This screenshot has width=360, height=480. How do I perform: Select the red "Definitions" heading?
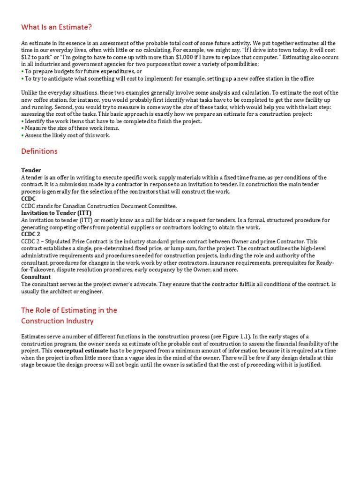pos(39,151)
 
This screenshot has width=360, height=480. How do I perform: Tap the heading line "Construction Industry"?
pos(57,321)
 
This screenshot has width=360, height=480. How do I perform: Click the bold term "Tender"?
pos(31,170)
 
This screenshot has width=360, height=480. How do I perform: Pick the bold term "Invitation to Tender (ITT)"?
pos(56,213)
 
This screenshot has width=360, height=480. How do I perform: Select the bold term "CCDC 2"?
pos(31,234)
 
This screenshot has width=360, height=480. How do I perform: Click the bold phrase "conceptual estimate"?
pos(82,351)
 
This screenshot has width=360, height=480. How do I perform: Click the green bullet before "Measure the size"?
pos(22,128)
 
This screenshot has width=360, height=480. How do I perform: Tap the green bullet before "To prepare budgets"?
pos(22,71)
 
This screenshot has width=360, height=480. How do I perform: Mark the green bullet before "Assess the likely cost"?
pos(22,135)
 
